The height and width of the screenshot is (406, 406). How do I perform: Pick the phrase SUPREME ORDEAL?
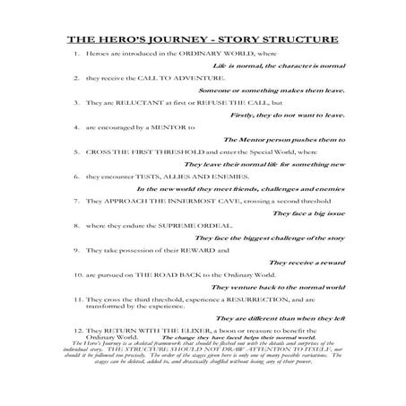click(x=184, y=226)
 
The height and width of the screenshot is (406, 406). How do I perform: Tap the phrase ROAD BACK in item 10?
click(x=183, y=274)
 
